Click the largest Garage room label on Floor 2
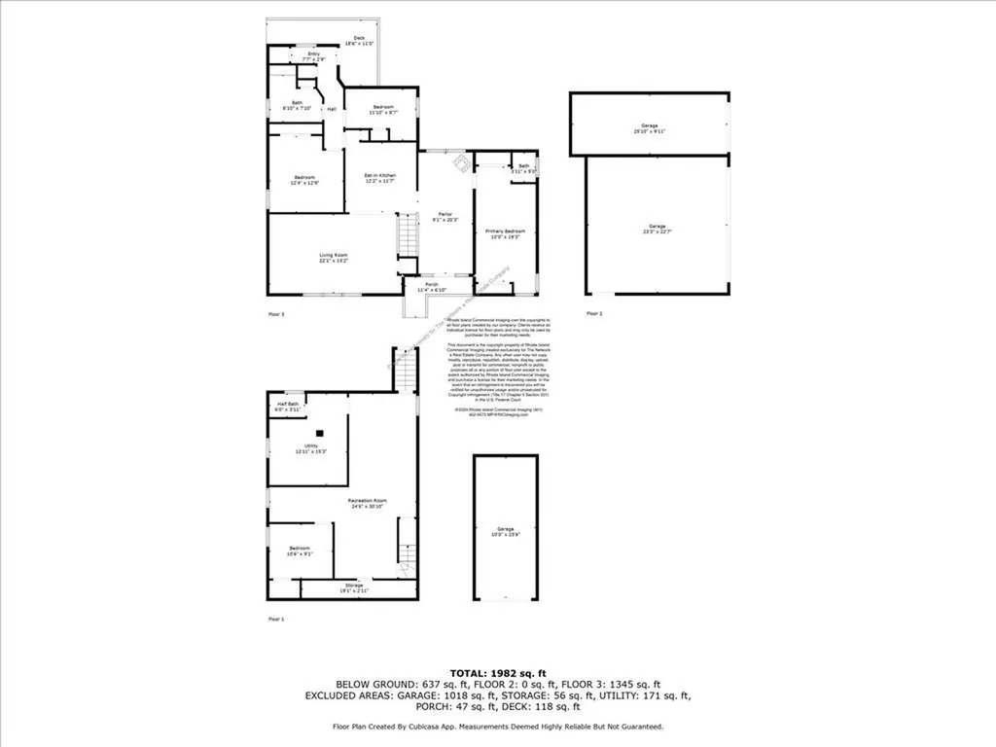click(658, 229)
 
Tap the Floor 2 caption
click(594, 313)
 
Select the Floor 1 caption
click(276, 619)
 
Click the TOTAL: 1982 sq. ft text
click(498, 673)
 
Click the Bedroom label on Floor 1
click(300, 551)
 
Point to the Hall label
click(332, 109)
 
